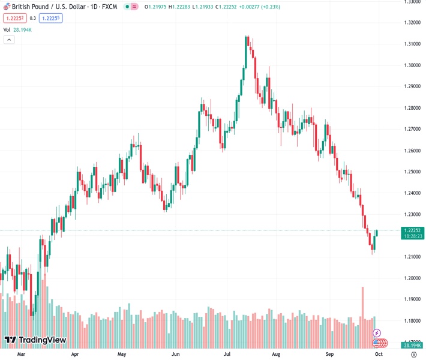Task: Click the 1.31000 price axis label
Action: pyautogui.click(x=412, y=44)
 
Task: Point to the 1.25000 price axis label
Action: pyautogui.click(x=412, y=172)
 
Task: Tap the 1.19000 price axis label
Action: pyautogui.click(x=412, y=299)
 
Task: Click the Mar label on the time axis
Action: pyautogui.click(x=22, y=355)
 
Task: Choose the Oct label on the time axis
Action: pyautogui.click(x=379, y=355)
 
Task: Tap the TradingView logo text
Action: pyautogui.click(x=42, y=340)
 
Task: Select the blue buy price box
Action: pyautogui.click(x=51, y=18)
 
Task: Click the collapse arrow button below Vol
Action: pyautogui.click(x=9, y=40)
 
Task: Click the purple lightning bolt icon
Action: pyautogui.click(x=377, y=333)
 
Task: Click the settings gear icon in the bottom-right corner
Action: pyautogui.click(x=413, y=355)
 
